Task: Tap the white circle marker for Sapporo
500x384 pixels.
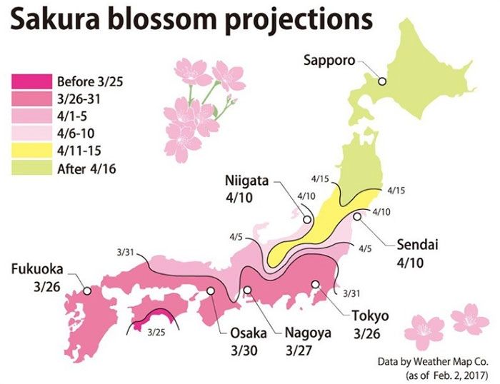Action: (382, 82)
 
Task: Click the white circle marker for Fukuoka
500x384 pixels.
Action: (87, 290)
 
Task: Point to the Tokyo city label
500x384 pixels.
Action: (369, 315)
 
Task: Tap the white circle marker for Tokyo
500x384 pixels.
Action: (315, 284)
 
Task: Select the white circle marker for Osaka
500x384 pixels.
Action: (211, 290)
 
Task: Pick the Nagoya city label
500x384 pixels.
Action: (306, 333)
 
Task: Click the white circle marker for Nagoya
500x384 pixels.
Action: (248, 290)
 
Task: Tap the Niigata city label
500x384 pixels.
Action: (245, 181)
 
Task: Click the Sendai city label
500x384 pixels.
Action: (418, 245)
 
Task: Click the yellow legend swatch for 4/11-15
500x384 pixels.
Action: (31, 151)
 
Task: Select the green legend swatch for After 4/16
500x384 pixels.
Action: (31, 168)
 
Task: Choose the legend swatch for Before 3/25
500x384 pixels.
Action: (31, 80)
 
